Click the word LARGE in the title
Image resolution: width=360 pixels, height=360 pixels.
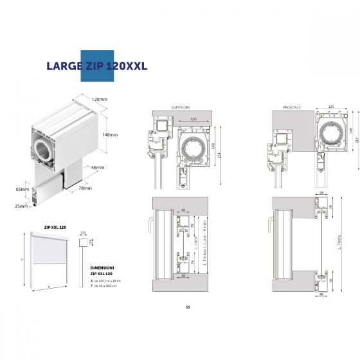pos(63,66)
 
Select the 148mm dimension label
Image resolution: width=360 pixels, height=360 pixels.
pos(110,134)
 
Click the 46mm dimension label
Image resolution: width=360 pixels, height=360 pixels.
pos(98,167)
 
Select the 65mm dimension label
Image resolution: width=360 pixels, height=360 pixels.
pos(23,190)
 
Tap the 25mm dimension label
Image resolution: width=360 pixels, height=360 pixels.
pos(22,206)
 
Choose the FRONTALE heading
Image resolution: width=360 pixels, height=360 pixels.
pos(292,107)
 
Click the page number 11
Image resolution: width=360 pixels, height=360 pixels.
pos(188,307)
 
